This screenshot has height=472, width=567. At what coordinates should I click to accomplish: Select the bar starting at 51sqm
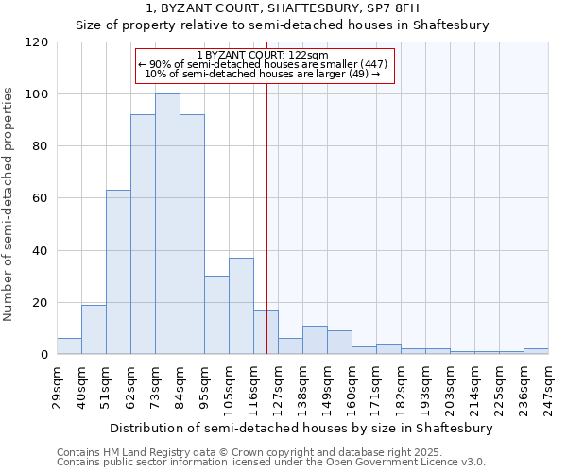tap(118, 273)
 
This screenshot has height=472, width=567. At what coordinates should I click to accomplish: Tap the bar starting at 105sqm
tap(241, 306)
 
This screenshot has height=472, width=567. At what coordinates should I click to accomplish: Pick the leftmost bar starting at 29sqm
tap(69, 346)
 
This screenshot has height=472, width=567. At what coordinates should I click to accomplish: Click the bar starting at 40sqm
tap(94, 329)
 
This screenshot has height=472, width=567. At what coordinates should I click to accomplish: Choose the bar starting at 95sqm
tap(216, 315)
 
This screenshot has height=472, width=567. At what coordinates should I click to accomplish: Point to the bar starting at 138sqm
tap(315, 340)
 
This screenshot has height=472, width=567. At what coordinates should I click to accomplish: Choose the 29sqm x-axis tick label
tap(57, 384)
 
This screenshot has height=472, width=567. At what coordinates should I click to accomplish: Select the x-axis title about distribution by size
tap(302, 428)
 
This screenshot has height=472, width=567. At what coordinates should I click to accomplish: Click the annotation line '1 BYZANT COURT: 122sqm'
tap(263, 55)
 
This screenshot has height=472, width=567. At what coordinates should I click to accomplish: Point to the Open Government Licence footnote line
tap(271, 463)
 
